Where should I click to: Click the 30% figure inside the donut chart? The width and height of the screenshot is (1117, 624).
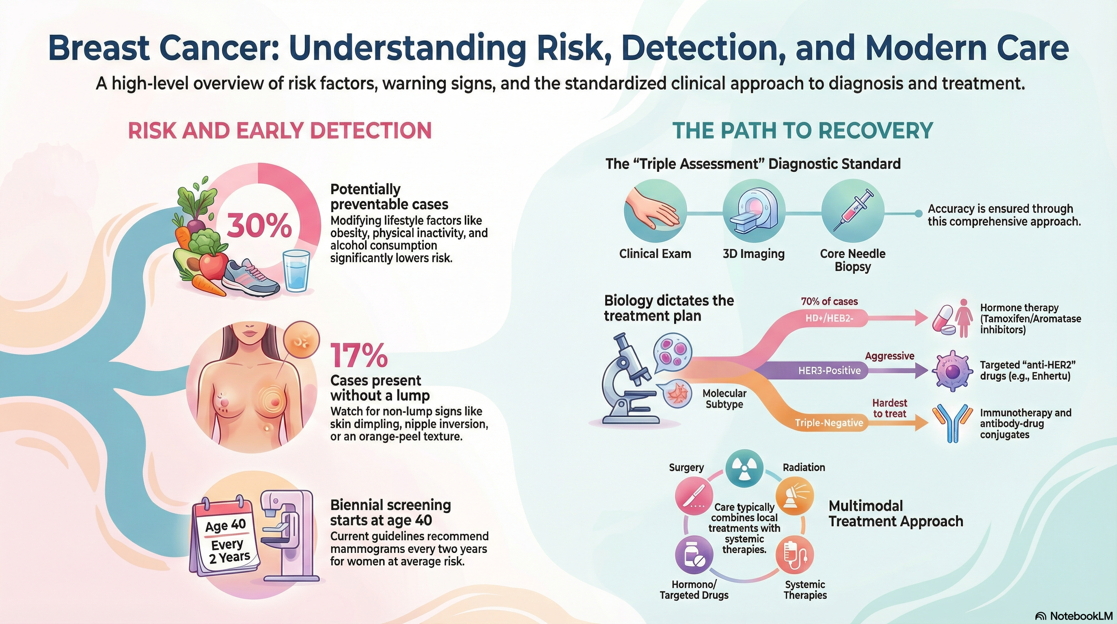coord(259,225)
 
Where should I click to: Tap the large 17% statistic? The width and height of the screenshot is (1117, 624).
coord(359,355)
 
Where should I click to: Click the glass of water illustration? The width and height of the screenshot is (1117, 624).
coord(296,270)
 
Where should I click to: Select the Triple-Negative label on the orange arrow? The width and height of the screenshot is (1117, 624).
coord(829,422)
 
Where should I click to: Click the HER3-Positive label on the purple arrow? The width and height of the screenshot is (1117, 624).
coord(829,370)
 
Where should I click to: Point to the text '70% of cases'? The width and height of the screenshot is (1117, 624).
coord(829,301)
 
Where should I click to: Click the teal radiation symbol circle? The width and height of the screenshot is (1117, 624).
coord(744,469)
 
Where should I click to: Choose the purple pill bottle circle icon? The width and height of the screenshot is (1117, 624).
coord(694,555)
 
